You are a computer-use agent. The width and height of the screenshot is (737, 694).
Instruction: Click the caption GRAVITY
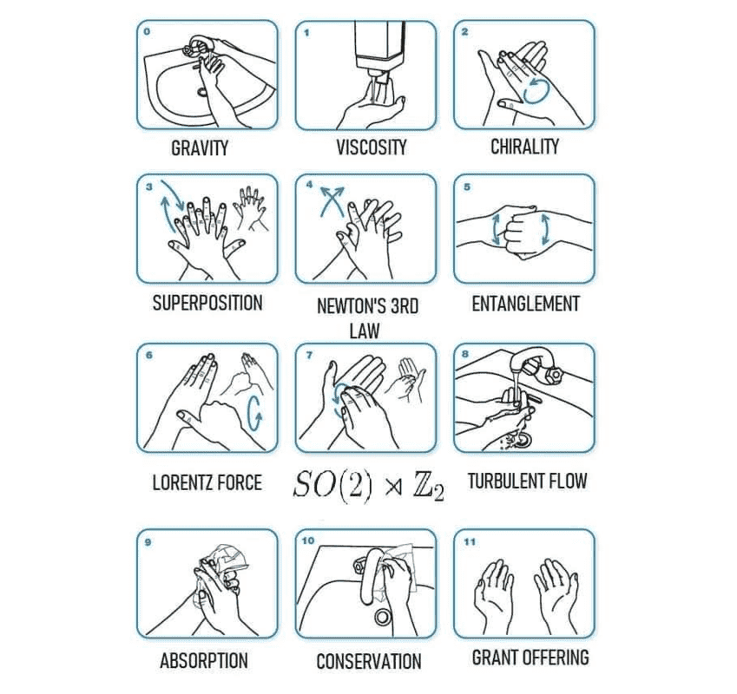pos(200,148)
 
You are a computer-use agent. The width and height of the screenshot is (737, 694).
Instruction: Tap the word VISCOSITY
pos(372,147)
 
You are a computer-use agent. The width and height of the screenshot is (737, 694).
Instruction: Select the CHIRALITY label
pos(524,147)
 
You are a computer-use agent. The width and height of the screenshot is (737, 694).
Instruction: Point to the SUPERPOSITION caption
pos(207,303)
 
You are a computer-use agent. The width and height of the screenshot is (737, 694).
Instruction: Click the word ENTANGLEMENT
pos(525,304)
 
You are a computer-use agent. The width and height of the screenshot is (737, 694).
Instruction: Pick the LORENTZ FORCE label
pos(207,482)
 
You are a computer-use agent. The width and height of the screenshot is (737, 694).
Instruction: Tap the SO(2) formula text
pos(332,484)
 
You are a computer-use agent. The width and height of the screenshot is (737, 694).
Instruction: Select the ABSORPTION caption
pos(204,661)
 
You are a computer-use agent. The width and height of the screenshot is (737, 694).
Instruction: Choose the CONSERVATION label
pos(369,662)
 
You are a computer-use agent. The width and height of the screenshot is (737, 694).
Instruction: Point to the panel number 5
pos(467,187)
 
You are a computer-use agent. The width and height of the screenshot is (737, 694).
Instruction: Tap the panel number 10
pos(308,541)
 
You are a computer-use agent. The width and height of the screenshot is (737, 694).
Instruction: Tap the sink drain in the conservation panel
pos(383,616)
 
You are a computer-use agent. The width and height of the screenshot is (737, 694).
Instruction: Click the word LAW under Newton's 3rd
pos(365,331)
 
